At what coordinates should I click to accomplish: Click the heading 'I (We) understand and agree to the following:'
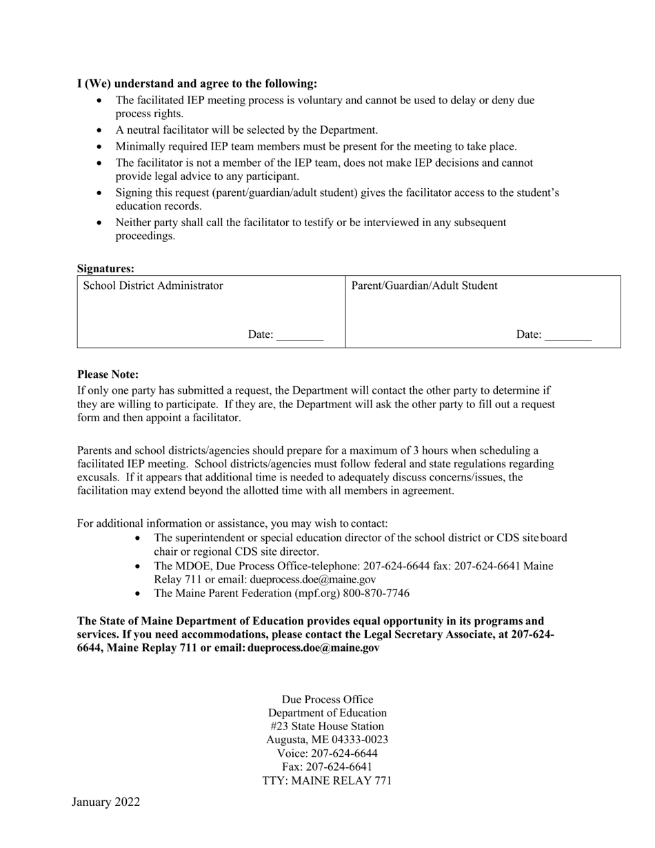click(x=197, y=83)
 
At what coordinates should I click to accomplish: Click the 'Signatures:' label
click(x=105, y=269)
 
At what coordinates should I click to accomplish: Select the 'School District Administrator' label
click(x=153, y=285)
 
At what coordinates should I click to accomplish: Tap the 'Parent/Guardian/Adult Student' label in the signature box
click(x=424, y=285)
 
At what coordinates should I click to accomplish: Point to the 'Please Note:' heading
click(x=108, y=374)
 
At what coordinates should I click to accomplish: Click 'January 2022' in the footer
click(x=105, y=802)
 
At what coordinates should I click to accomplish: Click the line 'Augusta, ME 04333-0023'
click(x=327, y=740)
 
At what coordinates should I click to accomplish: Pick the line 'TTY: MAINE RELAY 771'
click(x=327, y=780)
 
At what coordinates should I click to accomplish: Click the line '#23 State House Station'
click(x=327, y=726)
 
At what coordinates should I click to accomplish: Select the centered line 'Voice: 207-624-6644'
click(x=327, y=753)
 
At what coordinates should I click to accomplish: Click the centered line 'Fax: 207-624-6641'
click(x=327, y=767)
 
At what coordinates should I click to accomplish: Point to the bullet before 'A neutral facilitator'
click(x=101, y=130)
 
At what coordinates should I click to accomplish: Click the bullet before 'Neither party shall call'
click(x=101, y=223)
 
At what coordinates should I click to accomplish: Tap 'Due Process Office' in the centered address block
click(x=327, y=699)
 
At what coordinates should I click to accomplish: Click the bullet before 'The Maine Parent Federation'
click(x=139, y=594)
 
